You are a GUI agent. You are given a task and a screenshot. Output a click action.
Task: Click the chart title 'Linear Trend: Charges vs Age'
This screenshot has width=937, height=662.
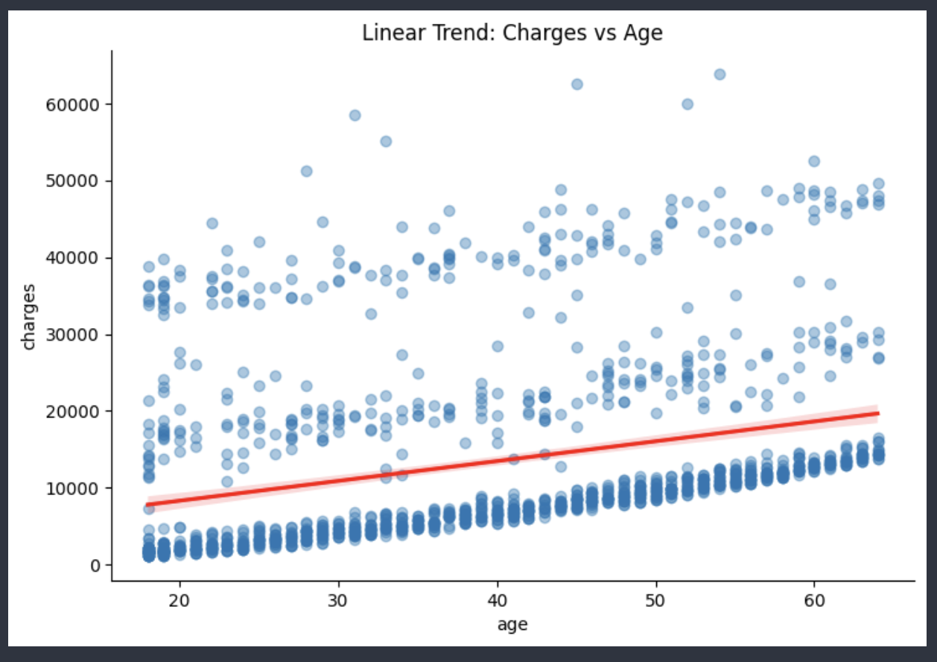(x=512, y=34)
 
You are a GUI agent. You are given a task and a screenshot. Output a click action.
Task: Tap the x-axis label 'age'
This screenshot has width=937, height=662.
(x=512, y=625)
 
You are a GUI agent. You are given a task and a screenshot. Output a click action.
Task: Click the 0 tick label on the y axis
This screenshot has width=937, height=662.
(x=95, y=565)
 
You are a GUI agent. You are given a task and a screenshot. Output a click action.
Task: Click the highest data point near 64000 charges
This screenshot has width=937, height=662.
(x=720, y=74)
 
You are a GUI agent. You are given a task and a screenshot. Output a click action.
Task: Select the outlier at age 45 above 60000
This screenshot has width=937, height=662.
(x=577, y=84)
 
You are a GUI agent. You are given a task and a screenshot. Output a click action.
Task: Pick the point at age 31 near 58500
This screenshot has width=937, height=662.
(x=355, y=115)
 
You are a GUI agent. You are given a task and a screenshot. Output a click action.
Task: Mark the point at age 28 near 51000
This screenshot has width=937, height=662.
(x=306, y=171)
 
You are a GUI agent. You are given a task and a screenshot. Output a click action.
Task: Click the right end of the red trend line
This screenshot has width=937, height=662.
(x=877, y=413)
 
